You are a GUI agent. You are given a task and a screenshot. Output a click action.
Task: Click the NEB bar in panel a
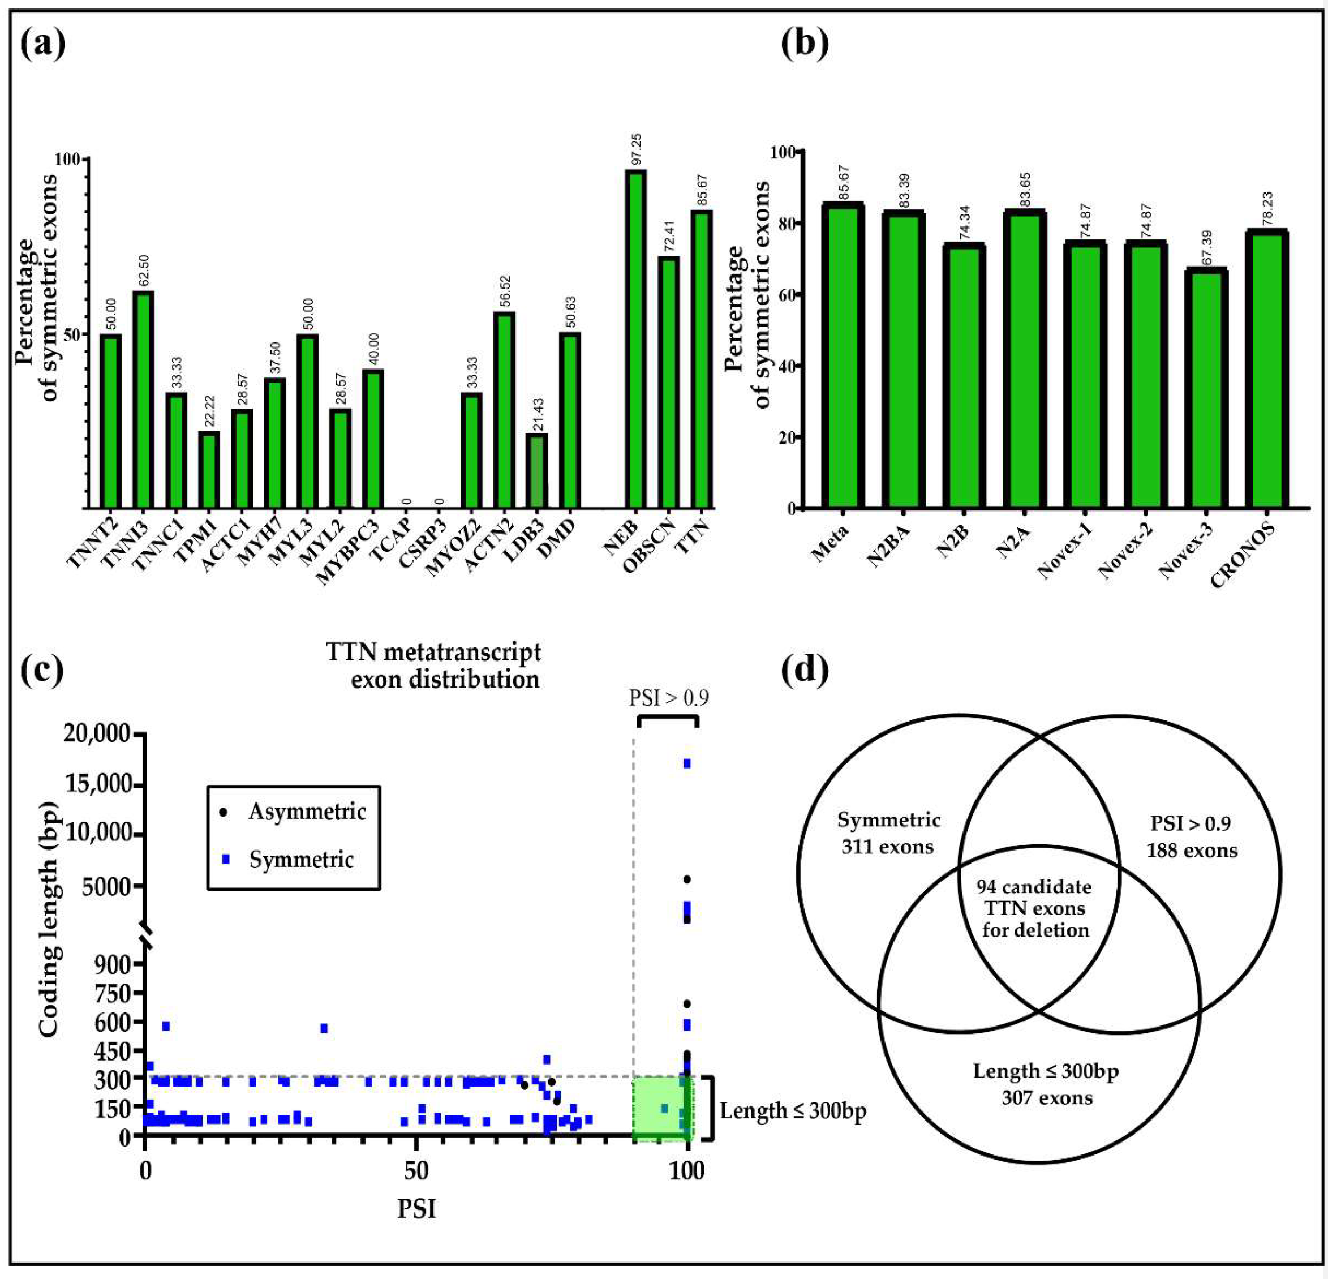[635, 339]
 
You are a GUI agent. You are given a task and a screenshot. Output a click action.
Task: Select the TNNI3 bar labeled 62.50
[143, 400]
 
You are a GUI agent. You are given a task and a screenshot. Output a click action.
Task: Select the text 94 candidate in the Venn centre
[1035, 887]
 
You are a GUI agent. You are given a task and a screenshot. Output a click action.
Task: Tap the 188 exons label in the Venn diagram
[1192, 850]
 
